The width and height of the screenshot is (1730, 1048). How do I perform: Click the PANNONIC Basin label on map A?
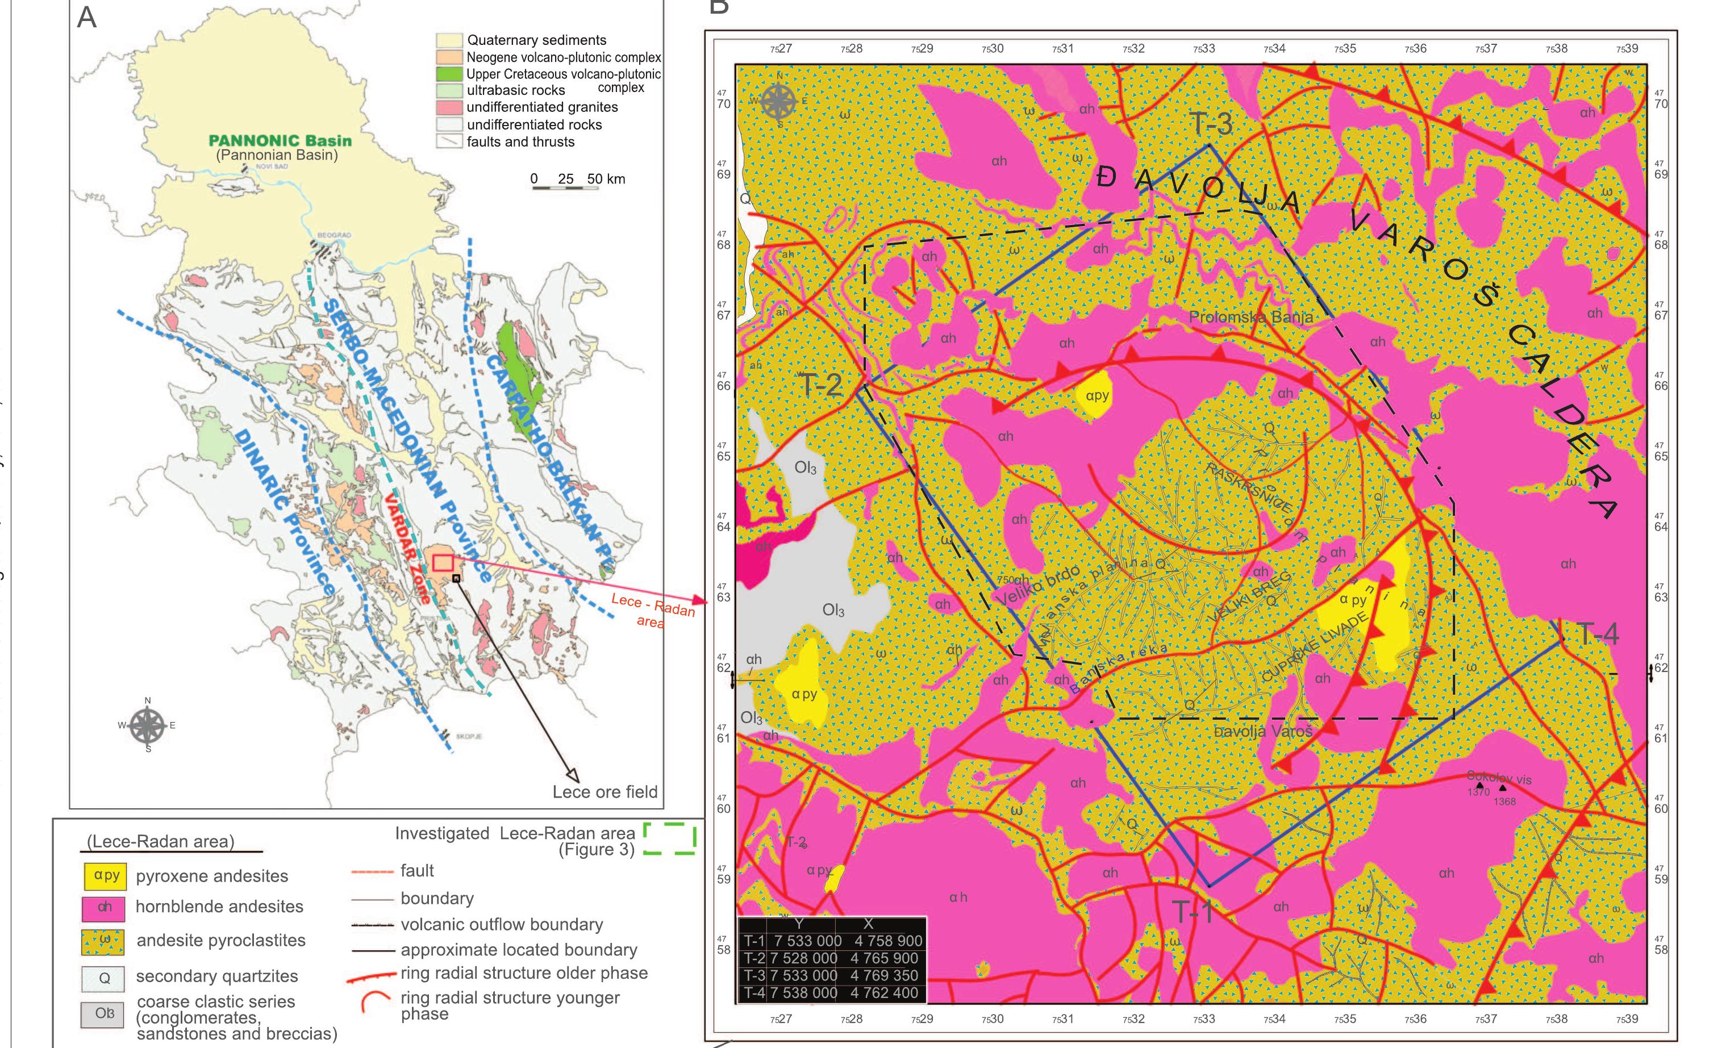coord(280,140)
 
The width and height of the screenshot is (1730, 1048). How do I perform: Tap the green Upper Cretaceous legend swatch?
coord(449,74)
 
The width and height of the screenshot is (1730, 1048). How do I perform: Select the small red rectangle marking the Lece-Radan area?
coord(443,562)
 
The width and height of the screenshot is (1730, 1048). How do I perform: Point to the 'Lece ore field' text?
coord(605,792)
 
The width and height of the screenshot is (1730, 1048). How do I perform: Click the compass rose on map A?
coord(148,726)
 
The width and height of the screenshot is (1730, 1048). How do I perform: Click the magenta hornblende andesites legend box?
coord(104,907)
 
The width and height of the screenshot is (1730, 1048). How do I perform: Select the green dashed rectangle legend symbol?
coord(669,840)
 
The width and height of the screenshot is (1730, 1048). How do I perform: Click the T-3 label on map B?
coord(1211,123)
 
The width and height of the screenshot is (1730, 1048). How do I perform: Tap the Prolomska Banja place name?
coord(1250,318)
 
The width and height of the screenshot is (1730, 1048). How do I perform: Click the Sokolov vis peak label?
coord(1499,778)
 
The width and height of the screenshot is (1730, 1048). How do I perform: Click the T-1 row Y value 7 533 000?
coord(807,941)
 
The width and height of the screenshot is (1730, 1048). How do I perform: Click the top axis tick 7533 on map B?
coord(1203,48)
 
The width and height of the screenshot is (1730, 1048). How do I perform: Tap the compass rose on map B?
coord(778,101)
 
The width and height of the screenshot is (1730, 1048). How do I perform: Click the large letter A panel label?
coord(86,17)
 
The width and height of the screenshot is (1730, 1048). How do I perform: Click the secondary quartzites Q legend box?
coord(104,978)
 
